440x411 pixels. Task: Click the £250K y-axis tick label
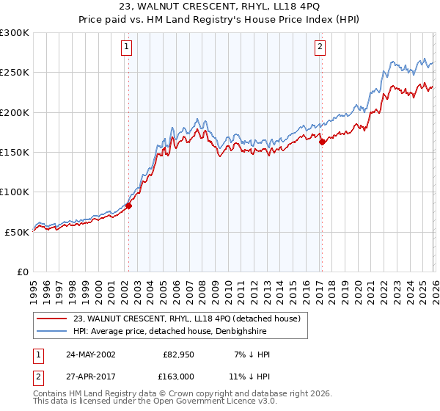15,73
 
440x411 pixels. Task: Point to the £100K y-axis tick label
15,192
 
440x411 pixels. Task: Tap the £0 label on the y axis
22,272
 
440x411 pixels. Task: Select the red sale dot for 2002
128,206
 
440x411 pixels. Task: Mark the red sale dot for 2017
321,142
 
